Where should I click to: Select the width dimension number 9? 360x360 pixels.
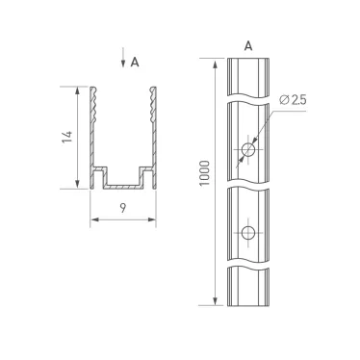coord(123,206)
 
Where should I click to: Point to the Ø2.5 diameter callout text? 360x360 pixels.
coord(293,100)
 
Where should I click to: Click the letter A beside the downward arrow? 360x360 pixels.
coord(135,62)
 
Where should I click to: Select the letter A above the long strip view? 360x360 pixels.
coord(248,45)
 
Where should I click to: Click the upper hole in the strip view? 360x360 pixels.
coord(248,149)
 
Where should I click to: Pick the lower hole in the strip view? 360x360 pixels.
coord(248,233)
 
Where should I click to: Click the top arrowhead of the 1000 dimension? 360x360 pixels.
coord(211,63)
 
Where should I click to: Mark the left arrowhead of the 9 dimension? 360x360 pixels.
coord(93,220)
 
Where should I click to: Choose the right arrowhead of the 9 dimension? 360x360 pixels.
coord(154,220)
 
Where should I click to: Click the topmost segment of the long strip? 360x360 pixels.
coord(248,77)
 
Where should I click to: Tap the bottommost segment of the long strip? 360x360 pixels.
coord(248,286)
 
